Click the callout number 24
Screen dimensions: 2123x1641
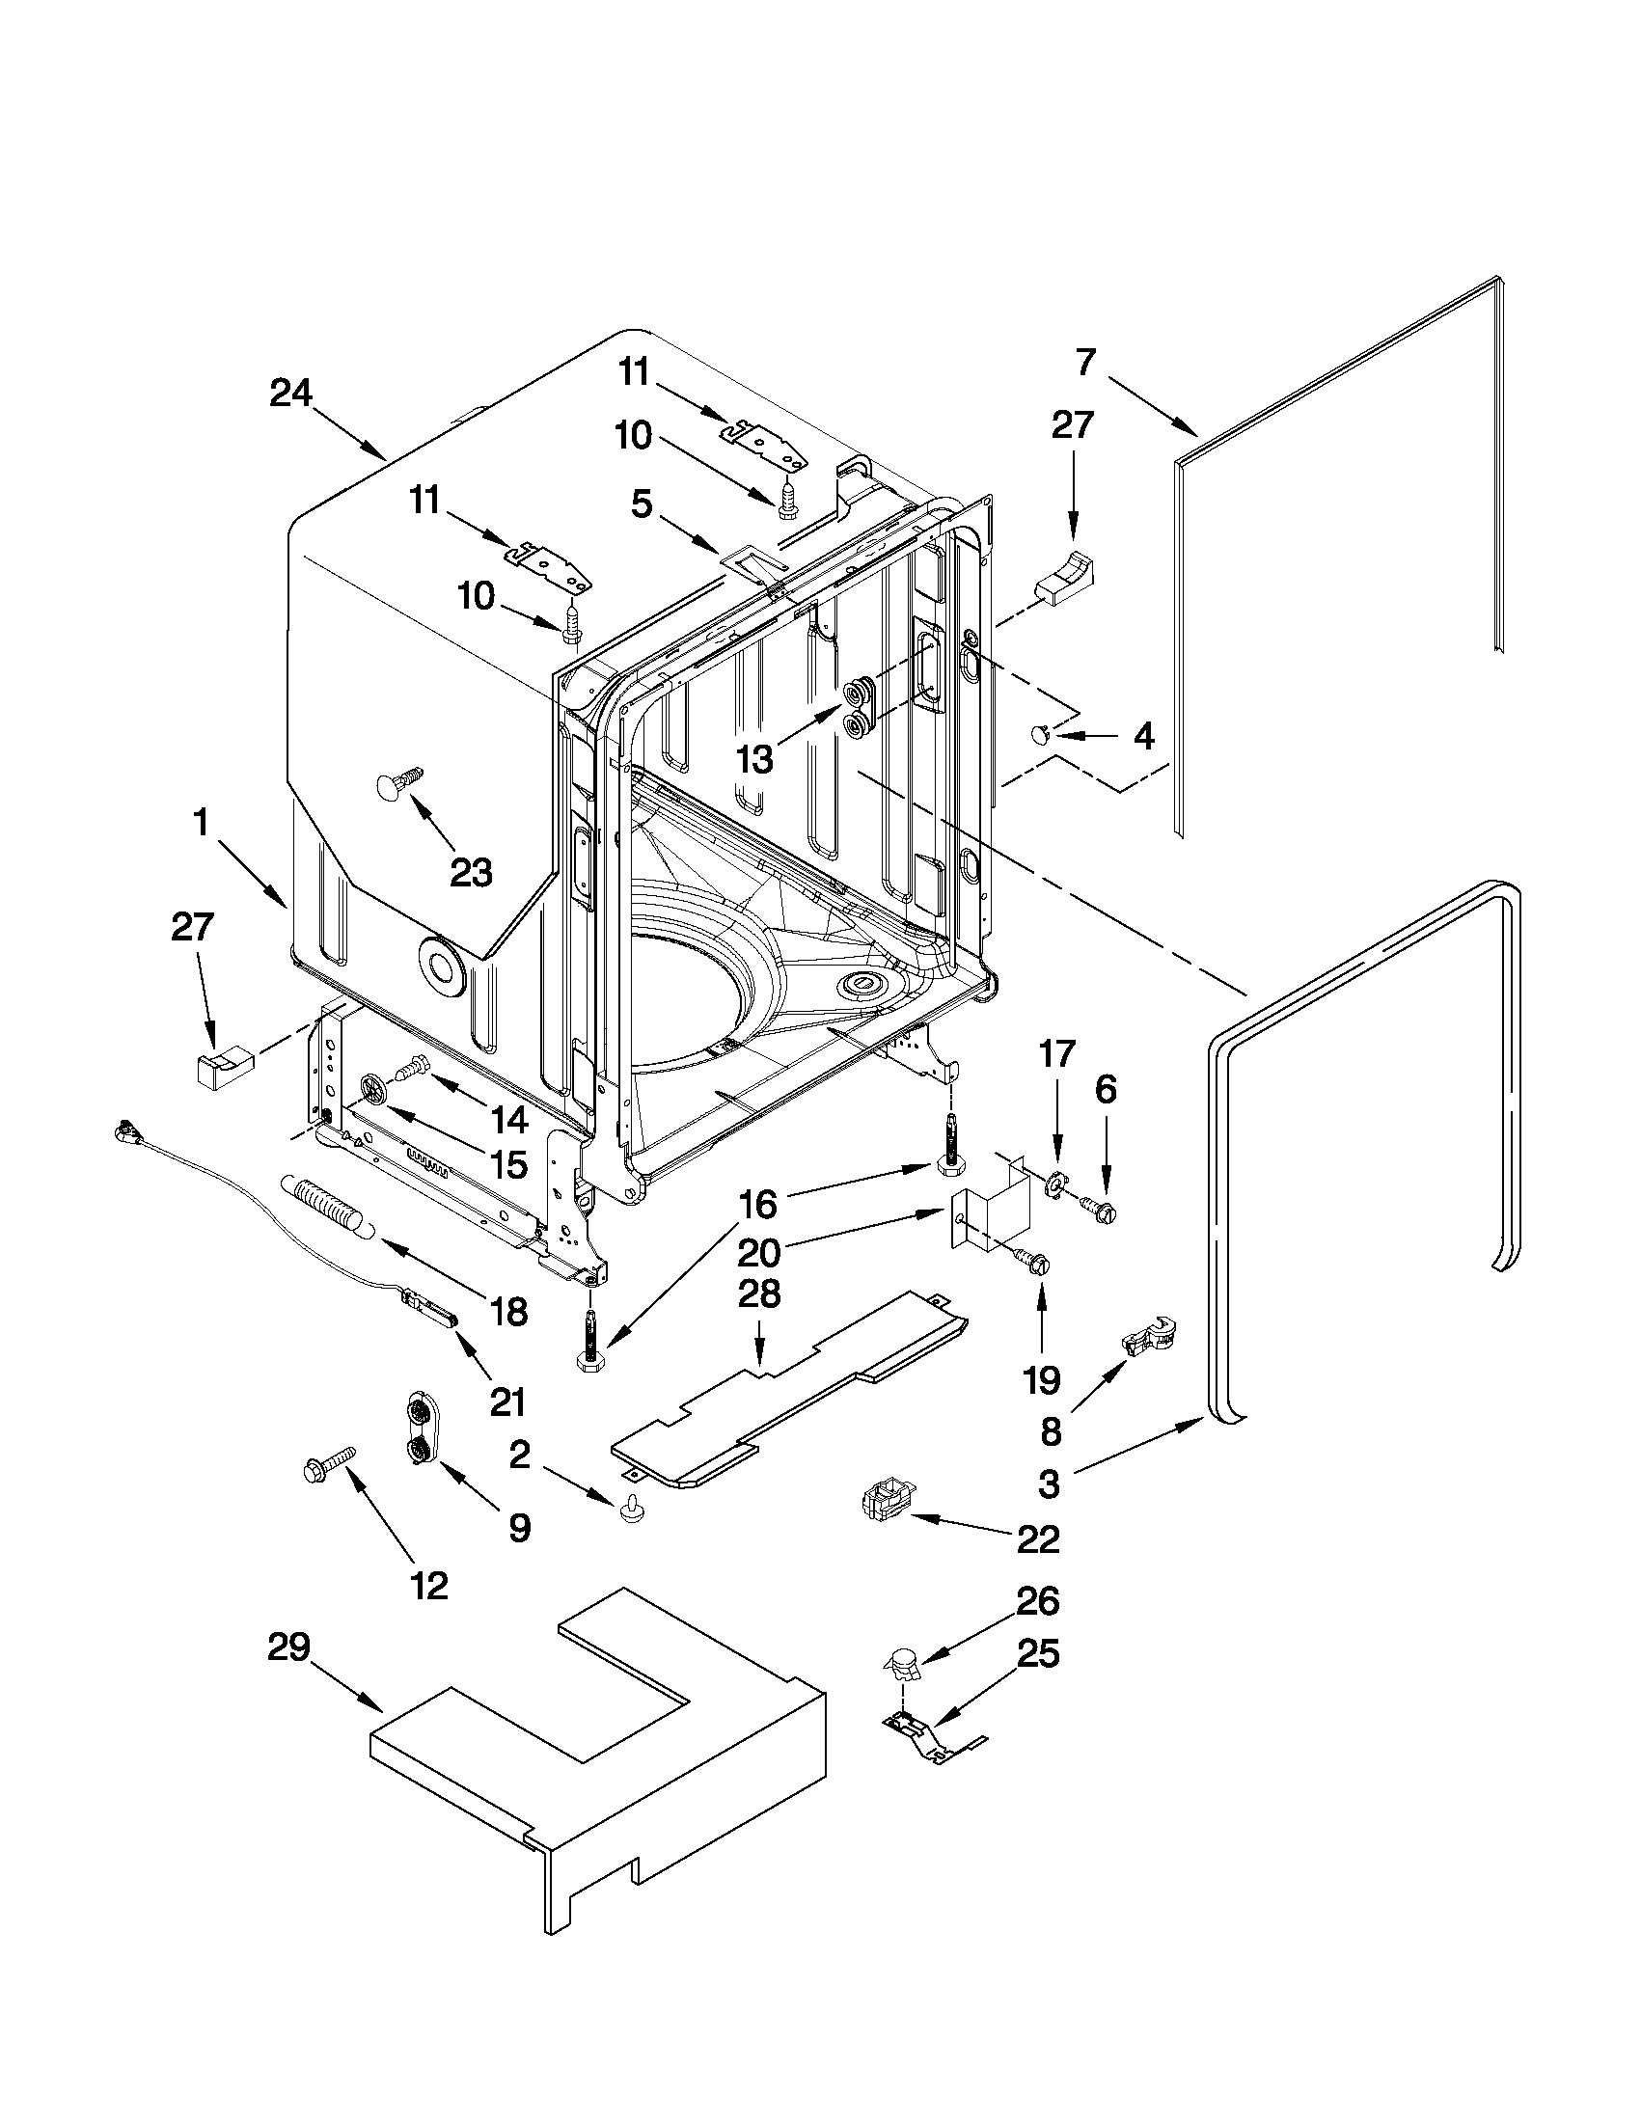[289, 393]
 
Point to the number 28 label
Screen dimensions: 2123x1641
[759, 1294]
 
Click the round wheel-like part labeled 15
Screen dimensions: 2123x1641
[375, 1090]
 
